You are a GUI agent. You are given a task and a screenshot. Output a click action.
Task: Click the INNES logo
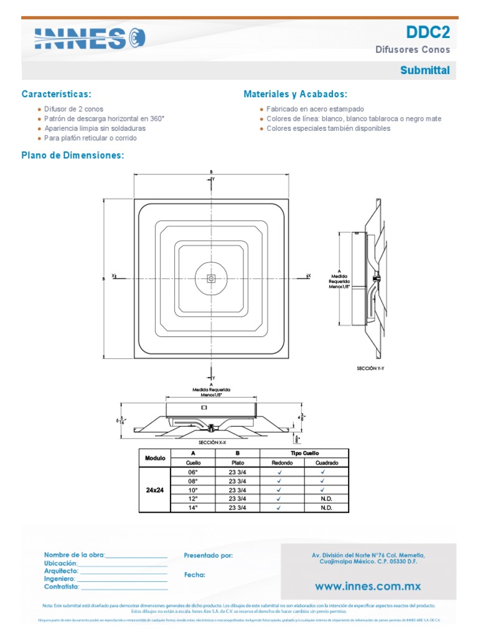90,39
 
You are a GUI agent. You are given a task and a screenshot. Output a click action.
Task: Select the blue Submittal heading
424,70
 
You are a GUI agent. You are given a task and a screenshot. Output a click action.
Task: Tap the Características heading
56,94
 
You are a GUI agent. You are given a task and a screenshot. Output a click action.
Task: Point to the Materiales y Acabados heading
295,94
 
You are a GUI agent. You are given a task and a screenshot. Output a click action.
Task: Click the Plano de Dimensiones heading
73,155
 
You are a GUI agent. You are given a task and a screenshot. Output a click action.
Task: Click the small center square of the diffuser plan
212,278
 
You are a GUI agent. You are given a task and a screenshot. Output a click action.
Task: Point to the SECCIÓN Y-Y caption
370,369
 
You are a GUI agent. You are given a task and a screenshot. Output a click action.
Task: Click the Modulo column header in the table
155,458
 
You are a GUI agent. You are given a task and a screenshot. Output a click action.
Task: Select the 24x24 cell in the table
155,490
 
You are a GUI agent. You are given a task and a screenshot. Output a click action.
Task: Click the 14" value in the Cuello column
193,508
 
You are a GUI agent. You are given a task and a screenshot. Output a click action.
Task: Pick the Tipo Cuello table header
304,453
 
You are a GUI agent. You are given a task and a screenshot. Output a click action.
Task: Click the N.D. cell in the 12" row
327,499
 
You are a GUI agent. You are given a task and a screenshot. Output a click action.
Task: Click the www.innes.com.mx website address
368,586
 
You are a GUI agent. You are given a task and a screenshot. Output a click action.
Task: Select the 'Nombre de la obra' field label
74,555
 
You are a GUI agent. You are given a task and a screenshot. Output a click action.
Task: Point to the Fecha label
195,575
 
